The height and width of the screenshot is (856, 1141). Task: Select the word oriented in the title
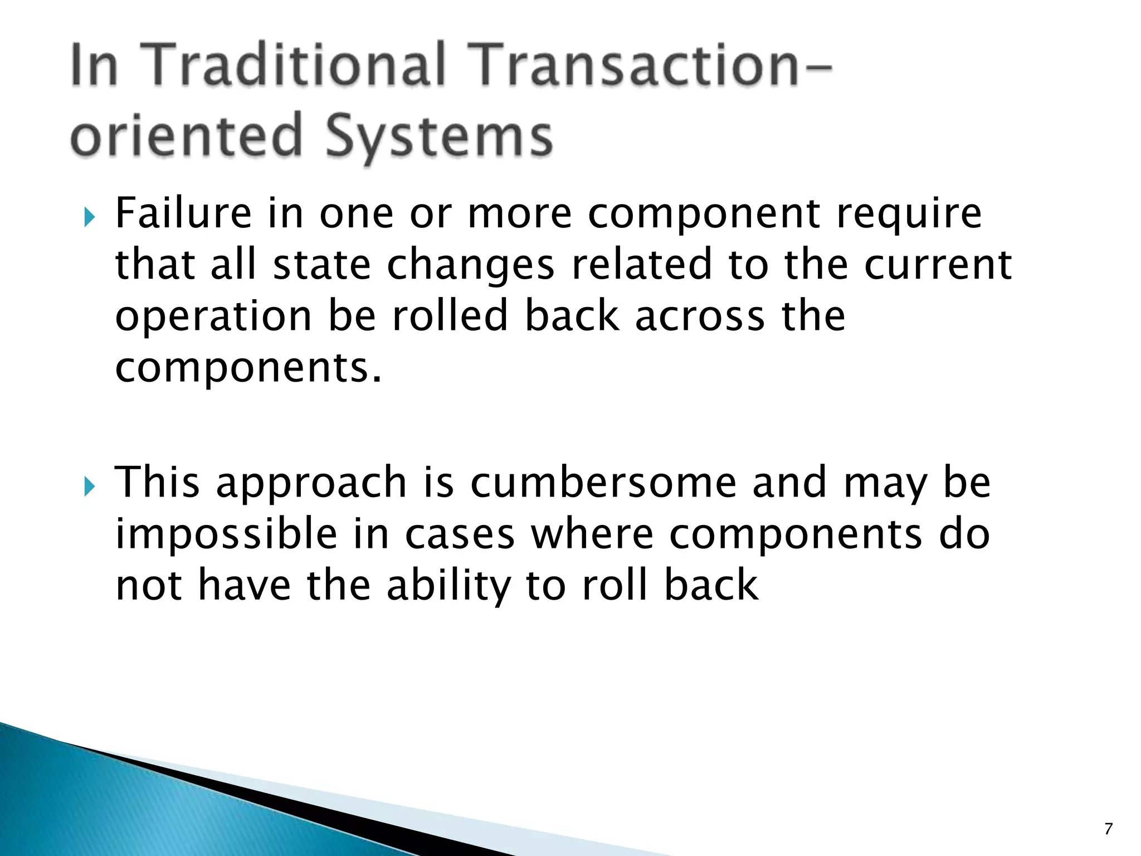point(186,135)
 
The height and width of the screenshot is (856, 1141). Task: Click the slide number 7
point(1108,829)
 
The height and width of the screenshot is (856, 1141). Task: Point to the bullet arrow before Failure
point(89,217)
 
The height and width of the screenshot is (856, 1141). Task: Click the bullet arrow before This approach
point(89,487)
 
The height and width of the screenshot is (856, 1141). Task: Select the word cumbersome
point(603,483)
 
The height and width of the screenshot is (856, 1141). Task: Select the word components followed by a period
point(248,368)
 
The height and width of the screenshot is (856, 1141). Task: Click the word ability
point(448,587)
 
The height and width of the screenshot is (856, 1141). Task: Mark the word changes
point(470,266)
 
